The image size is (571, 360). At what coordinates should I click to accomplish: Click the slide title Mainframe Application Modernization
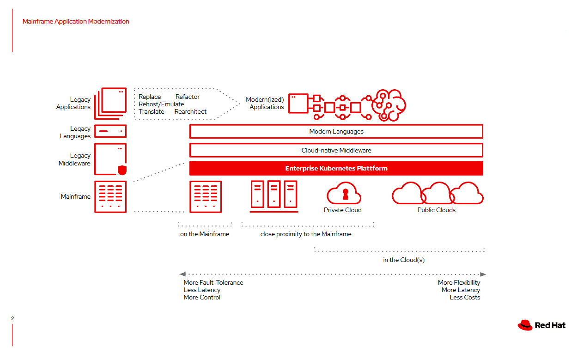click(76, 21)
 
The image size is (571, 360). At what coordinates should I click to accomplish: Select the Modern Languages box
click(336, 131)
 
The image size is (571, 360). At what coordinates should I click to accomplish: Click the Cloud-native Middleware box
click(336, 150)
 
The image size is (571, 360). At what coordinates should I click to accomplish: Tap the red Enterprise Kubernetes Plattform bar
click(336, 168)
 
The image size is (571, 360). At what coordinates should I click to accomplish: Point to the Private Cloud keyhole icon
click(346, 194)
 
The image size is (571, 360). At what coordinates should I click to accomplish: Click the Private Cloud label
click(343, 210)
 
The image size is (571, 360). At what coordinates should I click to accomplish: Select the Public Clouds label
click(437, 210)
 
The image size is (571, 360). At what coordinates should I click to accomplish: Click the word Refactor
click(188, 97)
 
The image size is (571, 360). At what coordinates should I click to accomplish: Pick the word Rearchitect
click(190, 112)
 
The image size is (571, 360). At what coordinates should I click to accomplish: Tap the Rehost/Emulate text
click(161, 104)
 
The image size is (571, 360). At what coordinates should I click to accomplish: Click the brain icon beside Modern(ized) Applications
click(388, 105)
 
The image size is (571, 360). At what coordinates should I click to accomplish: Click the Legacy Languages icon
click(110, 131)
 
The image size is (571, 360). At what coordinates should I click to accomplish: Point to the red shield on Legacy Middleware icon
click(122, 171)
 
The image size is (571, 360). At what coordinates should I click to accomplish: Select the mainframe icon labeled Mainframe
click(110, 196)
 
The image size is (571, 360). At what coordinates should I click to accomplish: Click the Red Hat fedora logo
click(525, 325)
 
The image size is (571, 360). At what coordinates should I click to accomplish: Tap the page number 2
click(12, 318)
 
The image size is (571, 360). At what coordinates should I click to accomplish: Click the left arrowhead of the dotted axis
click(182, 275)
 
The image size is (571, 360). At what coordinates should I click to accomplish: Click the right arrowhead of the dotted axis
click(483, 275)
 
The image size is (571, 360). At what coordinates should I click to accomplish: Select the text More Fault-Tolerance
click(213, 282)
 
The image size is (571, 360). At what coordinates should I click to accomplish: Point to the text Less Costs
click(465, 297)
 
